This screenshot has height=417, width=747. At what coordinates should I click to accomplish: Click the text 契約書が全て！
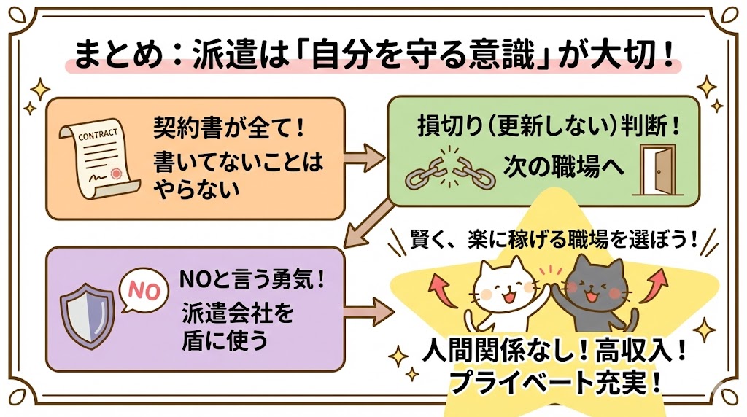click(x=228, y=130)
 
